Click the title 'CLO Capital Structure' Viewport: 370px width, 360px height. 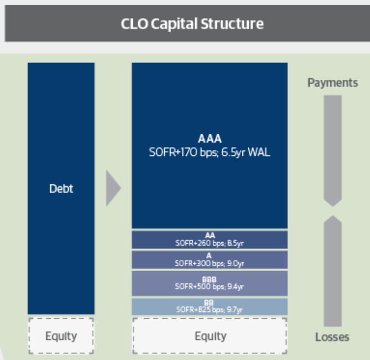(x=192, y=24)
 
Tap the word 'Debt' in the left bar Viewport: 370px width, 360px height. (x=61, y=189)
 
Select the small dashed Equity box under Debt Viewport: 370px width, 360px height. (x=61, y=336)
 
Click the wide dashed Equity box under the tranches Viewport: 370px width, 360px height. (x=210, y=336)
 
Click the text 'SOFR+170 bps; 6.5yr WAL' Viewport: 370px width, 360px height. (x=210, y=152)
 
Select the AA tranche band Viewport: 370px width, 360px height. (x=210, y=239)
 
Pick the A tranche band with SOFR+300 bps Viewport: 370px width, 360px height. (x=210, y=259)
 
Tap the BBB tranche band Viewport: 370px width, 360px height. (x=210, y=283)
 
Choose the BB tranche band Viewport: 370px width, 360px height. (x=210, y=307)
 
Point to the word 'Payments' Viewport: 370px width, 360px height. (x=332, y=83)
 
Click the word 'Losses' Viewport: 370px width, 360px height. (x=332, y=337)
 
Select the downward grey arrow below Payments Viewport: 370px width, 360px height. (x=332, y=151)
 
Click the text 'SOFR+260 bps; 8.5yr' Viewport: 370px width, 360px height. (x=210, y=243)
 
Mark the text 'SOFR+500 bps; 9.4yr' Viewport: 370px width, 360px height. (x=210, y=286)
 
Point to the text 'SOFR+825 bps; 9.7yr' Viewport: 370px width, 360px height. (x=210, y=310)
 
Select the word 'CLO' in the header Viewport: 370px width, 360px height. (x=132, y=24)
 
